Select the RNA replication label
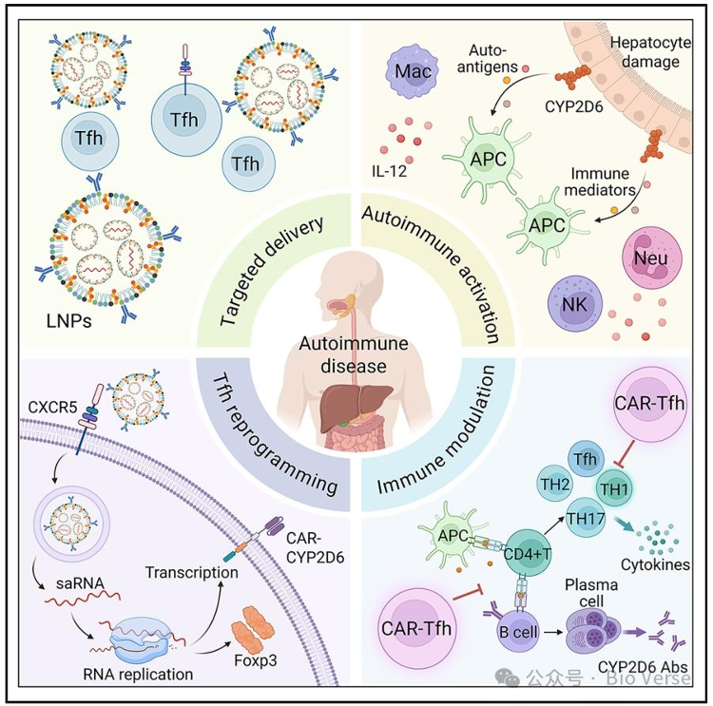pyautogui.click(x=140, y=674)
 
